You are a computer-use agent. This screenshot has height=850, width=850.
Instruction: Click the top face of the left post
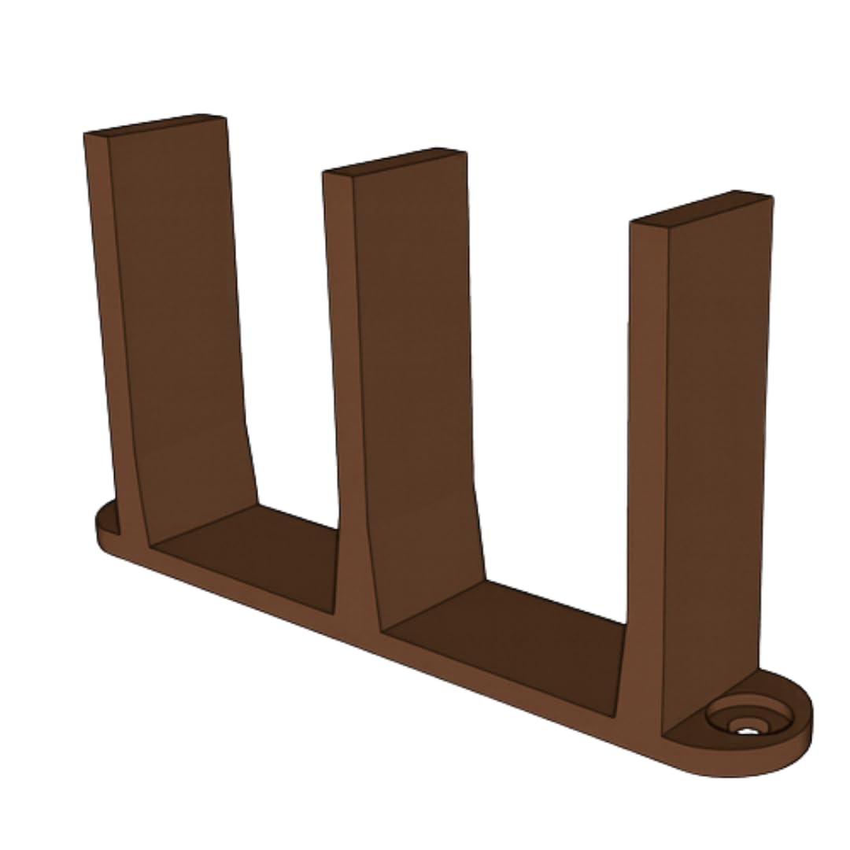(157, 124)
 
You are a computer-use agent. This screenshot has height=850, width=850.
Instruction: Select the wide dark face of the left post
(177, 315)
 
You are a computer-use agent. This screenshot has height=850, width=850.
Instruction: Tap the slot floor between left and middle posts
(252, 551)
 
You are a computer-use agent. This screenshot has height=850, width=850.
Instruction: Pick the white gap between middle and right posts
(551, 394)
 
